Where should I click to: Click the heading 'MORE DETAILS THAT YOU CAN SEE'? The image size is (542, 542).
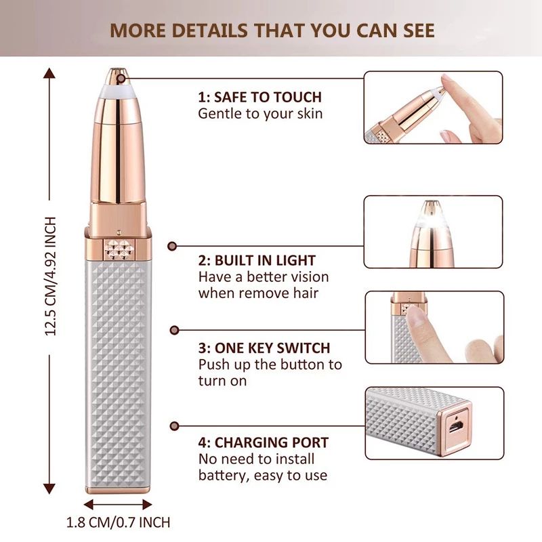pyautogui.click(x=272, y=30)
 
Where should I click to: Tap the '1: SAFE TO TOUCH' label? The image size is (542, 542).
pyautogui.click(x=259, y=97)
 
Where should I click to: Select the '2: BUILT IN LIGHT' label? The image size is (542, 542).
pyautogui.click(x=257, y=260)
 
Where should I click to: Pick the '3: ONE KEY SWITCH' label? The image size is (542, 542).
pyautogui.click(x=264, y=348)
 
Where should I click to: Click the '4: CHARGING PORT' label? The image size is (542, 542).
pyautogui.click(x=264, y=443)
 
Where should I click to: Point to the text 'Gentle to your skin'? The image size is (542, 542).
pyautogui.click(x=260, y=114)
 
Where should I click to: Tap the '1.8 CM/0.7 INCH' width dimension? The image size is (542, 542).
pyautogui.click(x=119, y=522)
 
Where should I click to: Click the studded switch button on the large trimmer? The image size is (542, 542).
pyautogui.click(x=118, y=249)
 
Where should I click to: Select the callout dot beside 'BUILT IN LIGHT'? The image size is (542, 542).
pyautogui.click(x=172, y=247)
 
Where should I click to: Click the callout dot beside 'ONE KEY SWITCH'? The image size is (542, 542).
pyautogui.click(x=173, y=330)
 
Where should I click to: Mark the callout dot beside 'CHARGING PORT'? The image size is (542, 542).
pyautogui.click(x=173, y=425)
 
